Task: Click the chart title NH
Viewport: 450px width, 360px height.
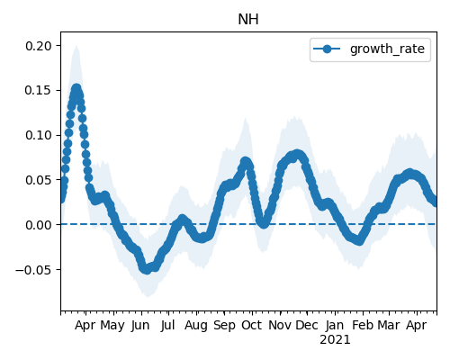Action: click(248, 20)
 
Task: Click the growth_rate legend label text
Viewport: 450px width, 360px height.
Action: click(387, 49)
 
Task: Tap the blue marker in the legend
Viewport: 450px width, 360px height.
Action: click(327, 49)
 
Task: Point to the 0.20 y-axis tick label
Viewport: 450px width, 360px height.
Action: click(39, 46)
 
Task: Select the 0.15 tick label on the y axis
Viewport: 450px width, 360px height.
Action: click(38, 90)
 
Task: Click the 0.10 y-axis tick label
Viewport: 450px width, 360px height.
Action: click(39, 135)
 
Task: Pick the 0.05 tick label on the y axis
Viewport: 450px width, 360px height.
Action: click(39, 180)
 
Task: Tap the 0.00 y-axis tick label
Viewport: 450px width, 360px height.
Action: click(39, 225)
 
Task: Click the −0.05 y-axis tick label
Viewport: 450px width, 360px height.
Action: click(33, 270)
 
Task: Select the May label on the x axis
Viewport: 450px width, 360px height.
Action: click(112, 326)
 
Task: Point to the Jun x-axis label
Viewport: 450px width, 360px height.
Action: click(140, 326)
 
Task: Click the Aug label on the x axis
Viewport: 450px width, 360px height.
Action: click(196, 326)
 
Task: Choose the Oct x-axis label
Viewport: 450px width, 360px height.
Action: click(252, 325)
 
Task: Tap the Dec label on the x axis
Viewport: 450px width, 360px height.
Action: click(307, 325)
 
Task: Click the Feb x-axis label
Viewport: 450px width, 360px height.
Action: click(363, 325)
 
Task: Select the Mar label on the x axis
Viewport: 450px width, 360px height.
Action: click(389, 325)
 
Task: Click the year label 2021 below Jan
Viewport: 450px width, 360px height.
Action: click(335, 340)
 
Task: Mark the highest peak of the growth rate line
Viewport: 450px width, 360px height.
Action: click(76, 88)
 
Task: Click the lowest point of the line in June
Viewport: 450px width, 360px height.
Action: click(147, 269)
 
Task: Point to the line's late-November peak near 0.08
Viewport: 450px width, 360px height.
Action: click(297, 155)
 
